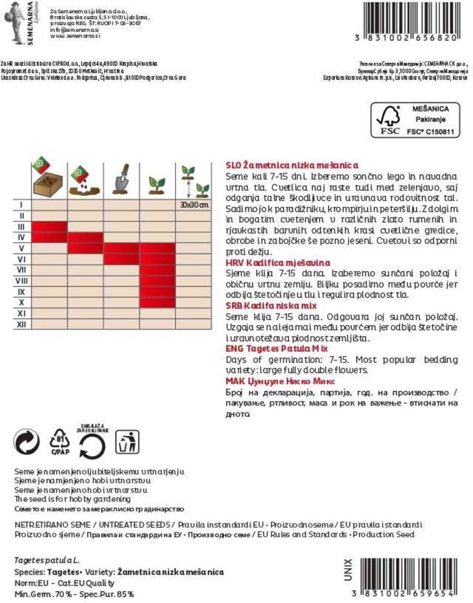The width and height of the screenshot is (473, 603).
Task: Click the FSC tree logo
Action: pos(388,120)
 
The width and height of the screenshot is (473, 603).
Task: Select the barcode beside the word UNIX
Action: pos(409,573)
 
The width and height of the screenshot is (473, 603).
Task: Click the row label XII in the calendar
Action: pos(21,325)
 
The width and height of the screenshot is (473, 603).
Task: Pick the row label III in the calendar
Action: pos(21,227)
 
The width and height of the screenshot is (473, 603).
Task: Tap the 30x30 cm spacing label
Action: pos(194,205)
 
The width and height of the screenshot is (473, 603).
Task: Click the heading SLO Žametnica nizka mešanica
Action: pos(292,165)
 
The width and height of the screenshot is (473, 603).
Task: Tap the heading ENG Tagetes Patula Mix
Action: pos(276,349)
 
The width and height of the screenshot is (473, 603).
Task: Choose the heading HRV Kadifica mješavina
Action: pos(278,263)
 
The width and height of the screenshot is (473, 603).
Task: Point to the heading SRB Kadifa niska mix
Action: pos(271,306)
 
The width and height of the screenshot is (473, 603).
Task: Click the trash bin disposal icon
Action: pos(127,442)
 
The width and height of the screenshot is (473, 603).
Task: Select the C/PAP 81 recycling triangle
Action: pos(60,442)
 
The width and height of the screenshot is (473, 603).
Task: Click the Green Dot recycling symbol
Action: pos(27,442)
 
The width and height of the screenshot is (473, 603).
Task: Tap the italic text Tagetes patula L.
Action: pos(47,561)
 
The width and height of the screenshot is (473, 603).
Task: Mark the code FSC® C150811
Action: pos(430,132)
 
